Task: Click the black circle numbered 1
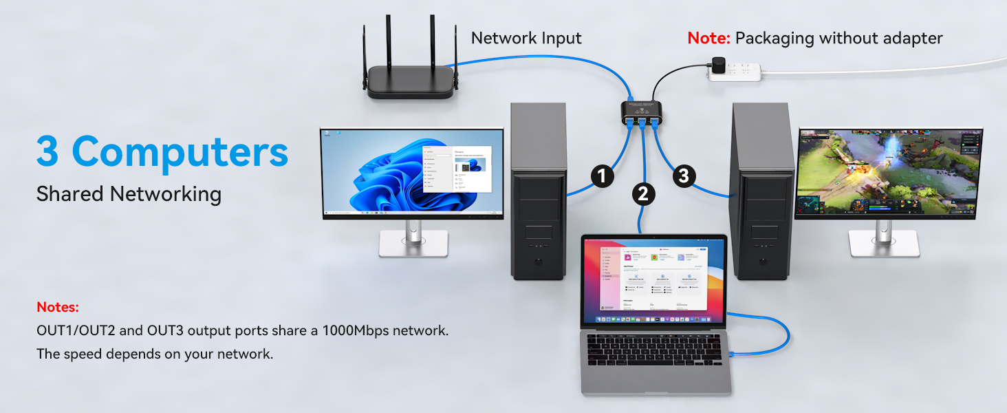(603, 176)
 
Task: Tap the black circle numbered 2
(642, 194)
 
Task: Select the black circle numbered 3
(683, 176)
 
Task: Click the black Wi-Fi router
(411, 81)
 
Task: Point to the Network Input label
(526, 39)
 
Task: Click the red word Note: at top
(708, 39)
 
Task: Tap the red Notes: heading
(58, 307)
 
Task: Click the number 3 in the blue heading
(48, 151)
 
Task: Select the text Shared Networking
(129, 194)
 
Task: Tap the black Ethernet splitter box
(643, 109)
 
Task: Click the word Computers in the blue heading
(180, 151)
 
